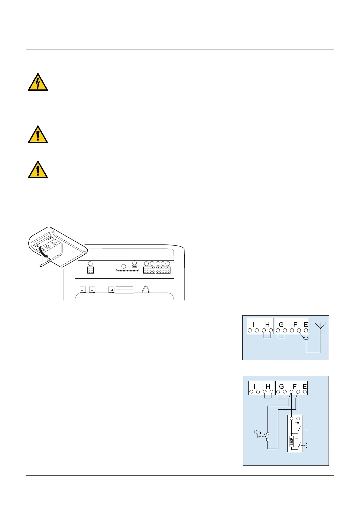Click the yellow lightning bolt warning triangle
(38, 82)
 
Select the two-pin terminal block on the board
(90, 270)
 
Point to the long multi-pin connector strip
(127, 270)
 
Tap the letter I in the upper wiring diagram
(253, 325)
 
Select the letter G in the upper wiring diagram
(281, 325)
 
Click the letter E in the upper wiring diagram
(306, 325)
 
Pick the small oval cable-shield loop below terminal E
(306, 338)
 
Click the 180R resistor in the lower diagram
(292, 441)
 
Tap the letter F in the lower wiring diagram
(295, 387)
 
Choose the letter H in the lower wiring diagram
(268, 387)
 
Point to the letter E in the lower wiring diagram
(305, 387)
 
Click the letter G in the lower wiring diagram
(281, 387)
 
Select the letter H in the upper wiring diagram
(267, 325)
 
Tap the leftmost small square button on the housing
(82, 290)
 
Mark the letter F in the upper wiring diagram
(295, 325)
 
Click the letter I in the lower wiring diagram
(255, 387)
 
